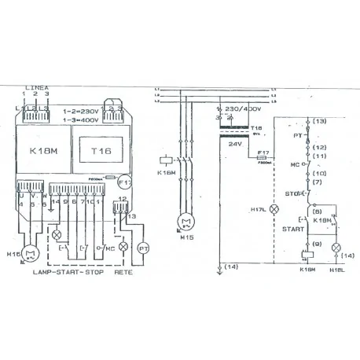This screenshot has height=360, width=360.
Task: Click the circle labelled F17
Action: pyautogui.click(x=125, y=183)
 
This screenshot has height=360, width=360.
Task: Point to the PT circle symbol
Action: pyautogui.click(x=143, y=248)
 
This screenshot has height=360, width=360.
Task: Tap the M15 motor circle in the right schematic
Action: pyautogui.click(x=186, y=221)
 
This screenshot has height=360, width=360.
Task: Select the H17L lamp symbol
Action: pyautogui.click(x=274, y=210)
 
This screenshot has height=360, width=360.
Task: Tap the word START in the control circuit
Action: pyautogui.click(x=293, y=229)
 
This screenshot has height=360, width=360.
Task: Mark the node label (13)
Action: pyautogui.click(x=320, y=121)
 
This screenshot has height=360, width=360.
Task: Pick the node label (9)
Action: pyautogui.click(x=316, y=244)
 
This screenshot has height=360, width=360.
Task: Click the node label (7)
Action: pyautogui.click(x=316, y=182)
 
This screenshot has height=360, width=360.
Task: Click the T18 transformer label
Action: pyautogui.click(x=255, y=127)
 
